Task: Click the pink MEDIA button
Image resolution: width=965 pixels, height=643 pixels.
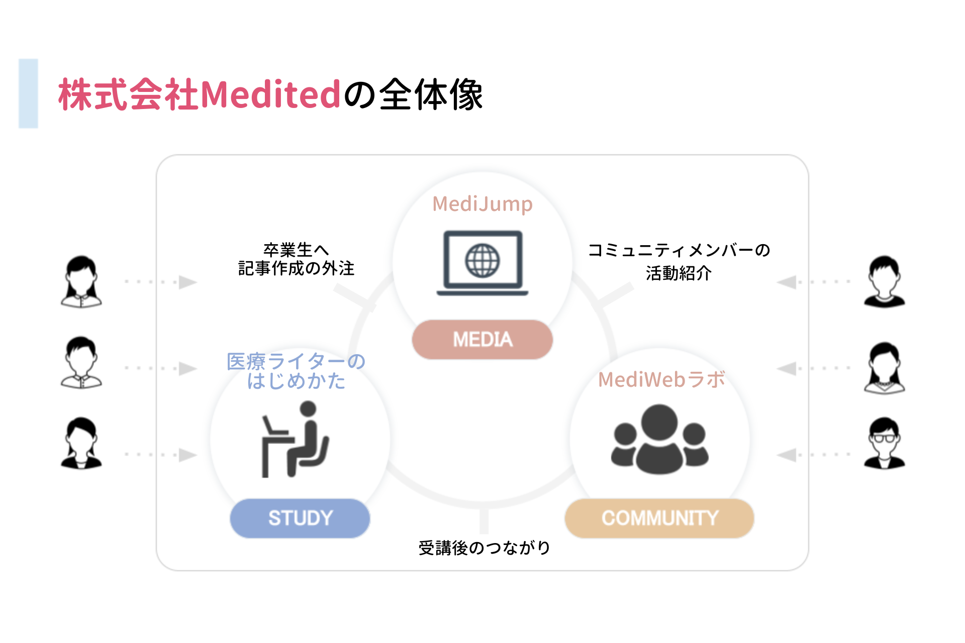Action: click(x=482, y=340)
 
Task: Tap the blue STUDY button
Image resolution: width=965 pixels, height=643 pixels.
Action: click(x=300, y=518)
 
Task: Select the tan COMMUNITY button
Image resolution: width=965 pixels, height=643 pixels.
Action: click(x=659, y=518)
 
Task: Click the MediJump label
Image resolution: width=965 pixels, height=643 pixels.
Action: click(x=482, y=204)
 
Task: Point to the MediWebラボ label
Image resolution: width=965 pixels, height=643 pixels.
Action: click(x=661, y=380)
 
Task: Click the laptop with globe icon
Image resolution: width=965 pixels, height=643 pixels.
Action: click(x=482, y=263)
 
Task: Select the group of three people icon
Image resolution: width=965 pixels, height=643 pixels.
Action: click(x=659, y=440)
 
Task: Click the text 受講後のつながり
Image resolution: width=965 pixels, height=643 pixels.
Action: click(x=484, y=548)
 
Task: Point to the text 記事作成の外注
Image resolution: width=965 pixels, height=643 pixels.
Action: click(x=296, y=268)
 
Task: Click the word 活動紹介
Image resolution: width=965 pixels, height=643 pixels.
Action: click(x=679, y=273)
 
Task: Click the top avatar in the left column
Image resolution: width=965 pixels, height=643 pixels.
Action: click(x=81, y=281)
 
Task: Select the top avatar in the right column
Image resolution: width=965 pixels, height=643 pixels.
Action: click(x=884, y=281)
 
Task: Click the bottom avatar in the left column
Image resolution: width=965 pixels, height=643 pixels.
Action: click(x=81, y=443)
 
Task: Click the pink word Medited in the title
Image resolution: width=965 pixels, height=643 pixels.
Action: click(x=270, y=94)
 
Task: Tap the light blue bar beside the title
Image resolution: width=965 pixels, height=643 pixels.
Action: click(x=29, y=93)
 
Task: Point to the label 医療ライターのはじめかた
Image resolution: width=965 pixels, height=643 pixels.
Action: click(x=296, y=371)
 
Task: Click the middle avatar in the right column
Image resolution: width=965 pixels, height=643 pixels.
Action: click(x=884, y=368)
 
